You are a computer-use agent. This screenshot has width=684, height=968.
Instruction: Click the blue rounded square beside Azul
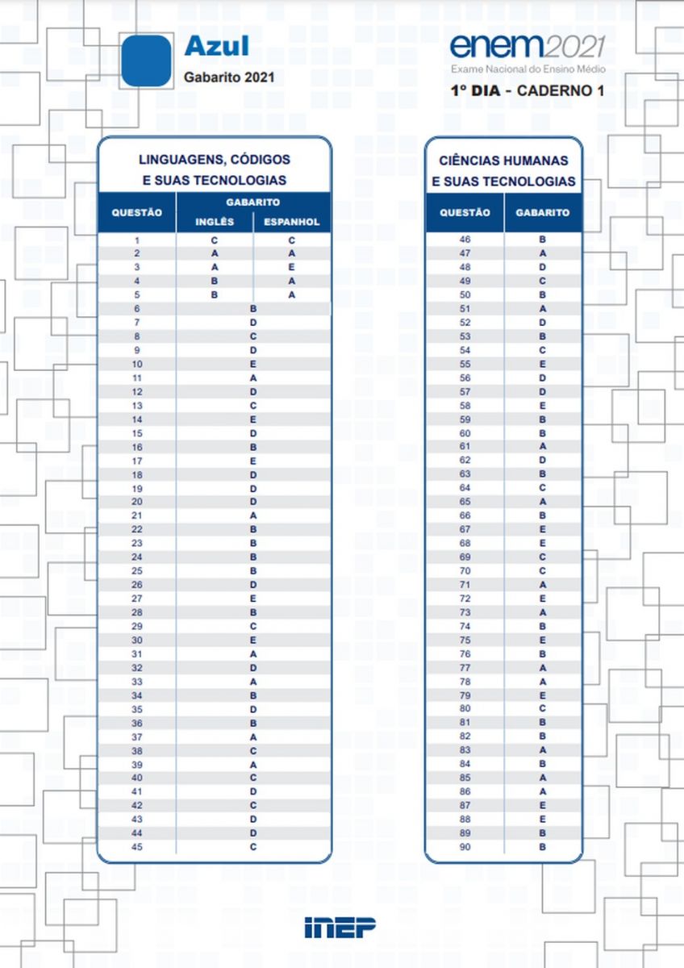[x=147, y=61]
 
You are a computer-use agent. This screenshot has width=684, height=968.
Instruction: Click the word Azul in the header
[x=216, y=46]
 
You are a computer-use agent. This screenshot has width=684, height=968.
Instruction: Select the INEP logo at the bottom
[x=340, y=928]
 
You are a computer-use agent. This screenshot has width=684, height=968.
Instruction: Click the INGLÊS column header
[x=215, y=222]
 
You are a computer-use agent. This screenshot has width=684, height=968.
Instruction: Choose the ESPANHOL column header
[x=292, y=222]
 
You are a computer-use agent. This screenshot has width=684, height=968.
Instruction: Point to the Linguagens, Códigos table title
[x=215, y=170]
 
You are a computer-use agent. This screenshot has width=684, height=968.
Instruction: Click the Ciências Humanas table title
[x=503, y=171]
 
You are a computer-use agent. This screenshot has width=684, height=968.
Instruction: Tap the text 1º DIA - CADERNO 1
[x=528, y=90]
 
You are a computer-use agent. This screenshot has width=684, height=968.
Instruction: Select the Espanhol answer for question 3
[x=292, y=267]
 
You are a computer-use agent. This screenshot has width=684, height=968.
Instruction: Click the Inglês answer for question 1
[x=215, y=240]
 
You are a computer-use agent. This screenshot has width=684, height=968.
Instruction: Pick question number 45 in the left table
[x=137, y=847]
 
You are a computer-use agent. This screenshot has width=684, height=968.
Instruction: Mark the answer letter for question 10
[x=253, y=364]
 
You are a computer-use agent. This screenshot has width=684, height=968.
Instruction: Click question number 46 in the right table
[x=465, y=240]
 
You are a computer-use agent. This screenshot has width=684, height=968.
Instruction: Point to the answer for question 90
[x=543, y=847]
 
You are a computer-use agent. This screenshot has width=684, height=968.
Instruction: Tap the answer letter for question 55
[x=543, y=364]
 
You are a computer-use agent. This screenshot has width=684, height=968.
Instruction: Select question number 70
[x=465, y=570]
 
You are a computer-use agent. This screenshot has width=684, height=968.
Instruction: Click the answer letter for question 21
[x=253, y=515]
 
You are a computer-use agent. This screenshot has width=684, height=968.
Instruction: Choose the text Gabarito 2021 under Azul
[x=230, y=77]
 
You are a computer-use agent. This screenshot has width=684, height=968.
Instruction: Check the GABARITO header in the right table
[x=543, y=212]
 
